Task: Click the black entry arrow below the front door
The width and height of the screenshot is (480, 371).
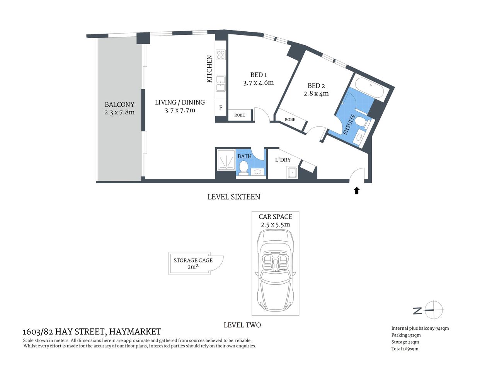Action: (x=357, y=190)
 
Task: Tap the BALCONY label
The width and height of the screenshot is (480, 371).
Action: (x=119, y=104)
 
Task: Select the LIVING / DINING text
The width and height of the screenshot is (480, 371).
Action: (x=180, y=102)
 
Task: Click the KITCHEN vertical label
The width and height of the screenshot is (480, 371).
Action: (x=209, y=69)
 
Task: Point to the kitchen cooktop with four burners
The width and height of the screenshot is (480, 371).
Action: (x=221, y=54)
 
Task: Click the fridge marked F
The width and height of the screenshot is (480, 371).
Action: (x=221, y=108)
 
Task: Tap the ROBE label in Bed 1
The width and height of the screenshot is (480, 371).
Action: (x=240, y=115)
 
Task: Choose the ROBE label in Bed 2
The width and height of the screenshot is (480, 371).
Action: (x=290, y=120)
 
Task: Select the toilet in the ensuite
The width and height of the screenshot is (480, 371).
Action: (x=362, y=123)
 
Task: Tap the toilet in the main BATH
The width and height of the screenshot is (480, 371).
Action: (x=243, y=168)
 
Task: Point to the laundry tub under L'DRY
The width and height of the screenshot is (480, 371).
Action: (x=292, y=172)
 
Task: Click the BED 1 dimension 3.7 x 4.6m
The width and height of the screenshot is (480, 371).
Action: (x=259, y=83)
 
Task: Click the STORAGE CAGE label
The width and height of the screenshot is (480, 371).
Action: (x=193, y=260)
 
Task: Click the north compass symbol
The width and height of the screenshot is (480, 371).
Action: (x=434, y=310)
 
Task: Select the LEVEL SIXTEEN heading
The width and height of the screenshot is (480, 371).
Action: (x=234, y=197)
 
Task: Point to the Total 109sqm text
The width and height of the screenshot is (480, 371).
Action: (x=405, y=349)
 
